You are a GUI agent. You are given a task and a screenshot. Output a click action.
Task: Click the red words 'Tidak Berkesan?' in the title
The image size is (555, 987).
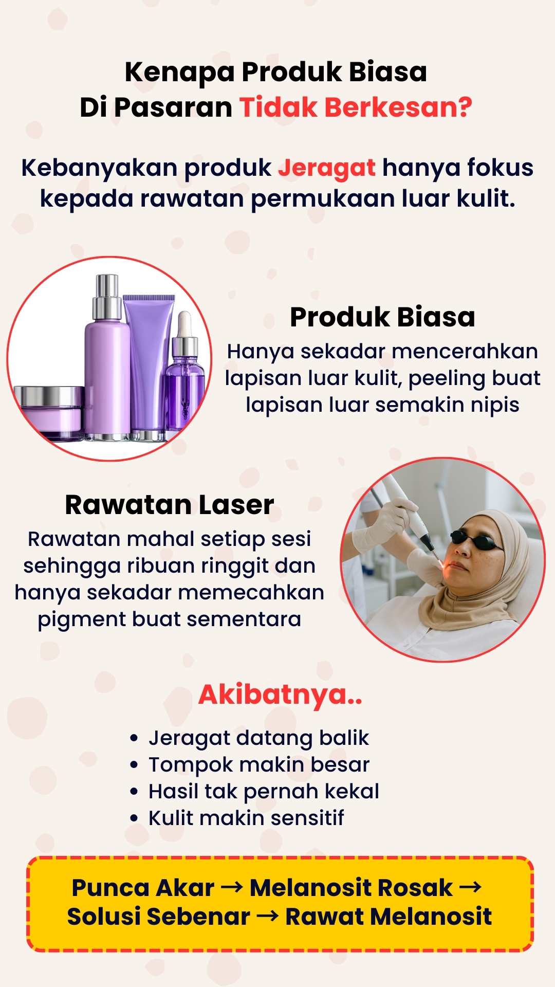356,107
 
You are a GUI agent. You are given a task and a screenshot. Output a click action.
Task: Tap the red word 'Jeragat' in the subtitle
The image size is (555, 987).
327,169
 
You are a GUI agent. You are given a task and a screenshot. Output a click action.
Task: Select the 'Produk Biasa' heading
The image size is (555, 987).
382,317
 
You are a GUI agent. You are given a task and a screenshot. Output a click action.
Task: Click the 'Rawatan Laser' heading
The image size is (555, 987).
170,505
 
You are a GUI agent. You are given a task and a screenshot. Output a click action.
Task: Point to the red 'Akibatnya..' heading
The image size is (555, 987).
281,695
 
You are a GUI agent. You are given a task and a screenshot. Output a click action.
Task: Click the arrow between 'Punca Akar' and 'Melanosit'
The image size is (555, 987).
231,888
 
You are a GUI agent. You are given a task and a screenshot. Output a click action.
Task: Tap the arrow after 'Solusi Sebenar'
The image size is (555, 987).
267,917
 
